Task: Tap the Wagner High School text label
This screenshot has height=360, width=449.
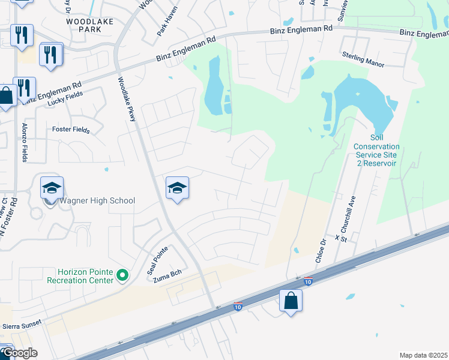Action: (97, 200)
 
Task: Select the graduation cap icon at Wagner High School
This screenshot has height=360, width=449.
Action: (52, 188)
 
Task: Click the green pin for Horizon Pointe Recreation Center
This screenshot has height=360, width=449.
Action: (122, 276)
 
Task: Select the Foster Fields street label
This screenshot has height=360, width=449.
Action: (71, 129)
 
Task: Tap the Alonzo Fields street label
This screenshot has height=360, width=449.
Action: (25, 147)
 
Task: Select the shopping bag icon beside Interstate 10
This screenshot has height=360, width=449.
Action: (291, 301)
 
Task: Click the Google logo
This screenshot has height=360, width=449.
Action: (20, 353)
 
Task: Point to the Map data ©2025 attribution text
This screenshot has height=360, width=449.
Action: (423, 355)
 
